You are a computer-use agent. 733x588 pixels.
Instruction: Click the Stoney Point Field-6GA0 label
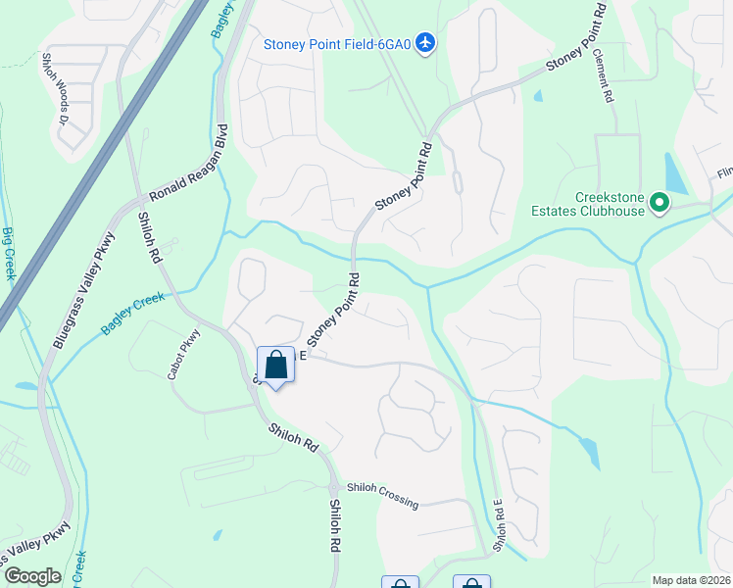tap(336, 43)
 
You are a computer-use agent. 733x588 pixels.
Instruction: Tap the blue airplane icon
tap(424, 43)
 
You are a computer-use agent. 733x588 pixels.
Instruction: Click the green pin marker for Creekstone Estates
tap(660, 204)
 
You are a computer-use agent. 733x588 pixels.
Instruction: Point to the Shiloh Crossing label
tap(381, 497)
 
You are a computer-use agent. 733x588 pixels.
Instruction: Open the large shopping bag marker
tap(275, 366)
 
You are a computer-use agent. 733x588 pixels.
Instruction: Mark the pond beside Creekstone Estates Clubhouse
tap(675, 173)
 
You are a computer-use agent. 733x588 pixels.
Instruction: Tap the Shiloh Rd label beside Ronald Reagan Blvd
tap(149, 237)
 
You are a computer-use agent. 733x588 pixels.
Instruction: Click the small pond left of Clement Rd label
tap(538, 96)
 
